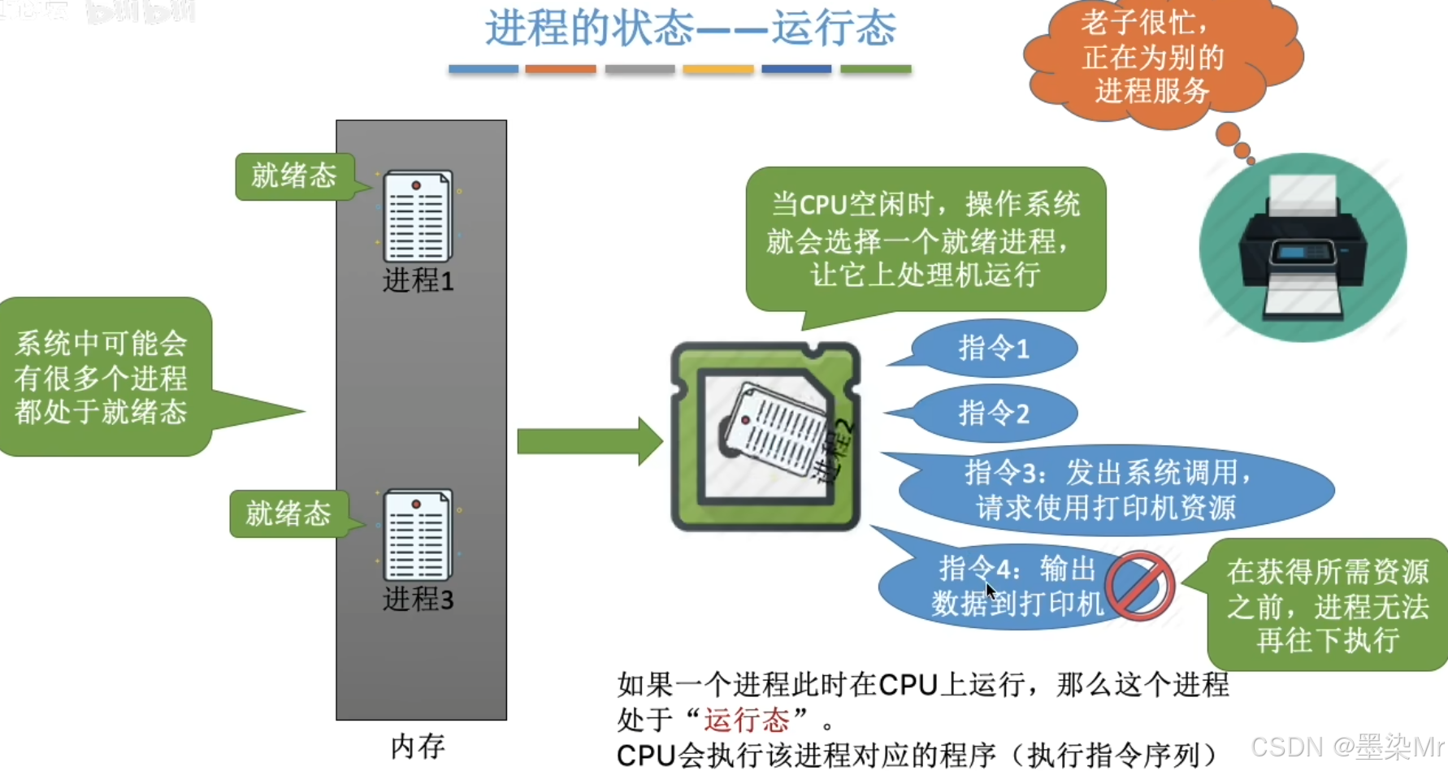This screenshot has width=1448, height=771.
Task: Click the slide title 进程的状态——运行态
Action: coord(691,28)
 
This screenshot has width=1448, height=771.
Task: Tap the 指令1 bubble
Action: coord(994,349)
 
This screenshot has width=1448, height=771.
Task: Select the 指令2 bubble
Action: coord(994,414)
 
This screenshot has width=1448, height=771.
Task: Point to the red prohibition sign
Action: coord(1139,586)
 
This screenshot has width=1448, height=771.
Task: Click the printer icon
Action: coord(1303,249)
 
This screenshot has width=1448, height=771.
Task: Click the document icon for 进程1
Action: coord(418,215)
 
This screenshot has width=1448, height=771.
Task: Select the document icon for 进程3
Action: coord(418,534)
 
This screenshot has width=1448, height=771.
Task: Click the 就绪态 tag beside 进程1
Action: coord(294,175)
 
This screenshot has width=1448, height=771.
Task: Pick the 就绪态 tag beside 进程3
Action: coord(288,513)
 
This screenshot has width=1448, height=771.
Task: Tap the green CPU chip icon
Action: coord(765,436)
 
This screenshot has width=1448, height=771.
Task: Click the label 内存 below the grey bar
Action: coord(418,746)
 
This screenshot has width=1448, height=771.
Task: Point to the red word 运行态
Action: coord(747,719)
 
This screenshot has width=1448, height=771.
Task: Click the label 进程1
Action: coord(418,281)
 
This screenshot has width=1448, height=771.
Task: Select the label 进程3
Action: coord(418,600)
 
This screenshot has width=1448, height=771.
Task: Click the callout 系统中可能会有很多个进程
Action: coord(102,377)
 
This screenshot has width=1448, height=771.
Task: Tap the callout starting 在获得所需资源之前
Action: coord(1327,605)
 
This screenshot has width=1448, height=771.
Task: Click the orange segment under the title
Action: coord(561,70)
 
